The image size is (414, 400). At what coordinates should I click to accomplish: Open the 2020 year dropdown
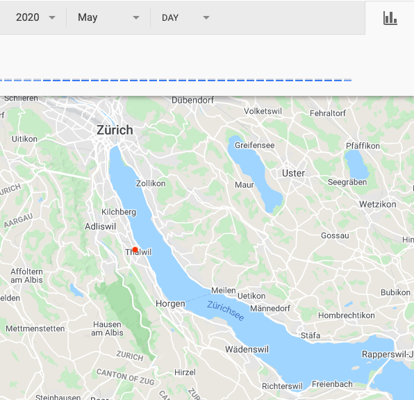click(x=35, y=17)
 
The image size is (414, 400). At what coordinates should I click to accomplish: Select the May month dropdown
click(x=108, y=17)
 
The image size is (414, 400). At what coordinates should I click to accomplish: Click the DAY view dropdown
click(x=185, y=17)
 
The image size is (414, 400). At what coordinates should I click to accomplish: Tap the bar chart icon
click(x=390, y=18)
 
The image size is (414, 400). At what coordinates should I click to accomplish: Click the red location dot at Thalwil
click(x=135, y=249)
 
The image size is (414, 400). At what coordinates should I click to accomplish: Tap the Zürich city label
click(x=115, y=130)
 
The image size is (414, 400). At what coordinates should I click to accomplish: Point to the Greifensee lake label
click(x=254, y=145)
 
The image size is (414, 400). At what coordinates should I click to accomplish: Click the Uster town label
click(x=293, y=173)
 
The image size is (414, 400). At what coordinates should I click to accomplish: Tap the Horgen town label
click(x=170, y=303)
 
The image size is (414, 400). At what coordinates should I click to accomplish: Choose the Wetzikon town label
click(x=378, y=204)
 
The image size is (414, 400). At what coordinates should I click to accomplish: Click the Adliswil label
click(x=98, y=226)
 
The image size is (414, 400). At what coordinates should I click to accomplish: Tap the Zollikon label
click(x=151, y=183)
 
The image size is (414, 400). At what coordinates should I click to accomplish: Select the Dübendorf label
click(x=192, y=100)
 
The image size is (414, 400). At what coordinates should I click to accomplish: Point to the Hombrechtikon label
click(x=346, y=315)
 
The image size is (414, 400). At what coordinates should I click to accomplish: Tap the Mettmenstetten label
click(x=35, y=328)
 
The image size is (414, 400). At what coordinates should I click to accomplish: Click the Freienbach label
click(x=332, y=384)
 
